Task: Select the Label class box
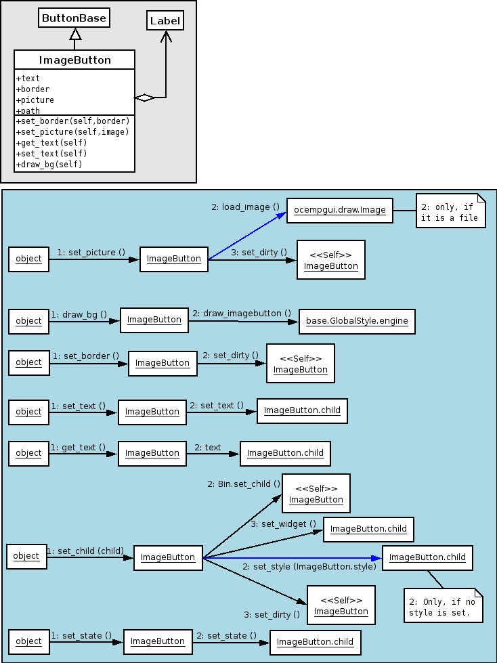[x=165, y=21]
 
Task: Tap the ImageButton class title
[x=74, y=60]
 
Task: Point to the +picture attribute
[x=35, y=100]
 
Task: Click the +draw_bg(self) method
[x=49, y=164]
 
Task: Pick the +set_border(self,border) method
[x=72, y=121]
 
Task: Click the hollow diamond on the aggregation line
[x=144, y=98]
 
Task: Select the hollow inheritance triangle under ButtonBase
[x=74, y=34]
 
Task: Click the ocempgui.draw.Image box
[x=340, y=210]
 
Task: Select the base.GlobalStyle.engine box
[x=357, y=322]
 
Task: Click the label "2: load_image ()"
[x=246, y=207]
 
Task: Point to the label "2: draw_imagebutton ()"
[x=242, y=314]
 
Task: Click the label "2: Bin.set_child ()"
[x=244, y=484]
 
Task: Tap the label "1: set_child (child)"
[x=85, y=551]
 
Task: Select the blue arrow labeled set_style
[x=293, y=558]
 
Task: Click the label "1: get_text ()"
[x=78, y=447]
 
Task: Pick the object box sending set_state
[x=28, y=641]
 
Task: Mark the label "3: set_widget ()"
[x=283, y=524]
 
